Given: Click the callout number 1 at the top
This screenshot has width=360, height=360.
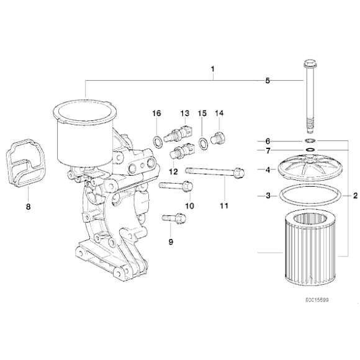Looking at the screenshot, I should [212, 69].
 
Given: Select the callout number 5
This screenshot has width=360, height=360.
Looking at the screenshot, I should [268, 80].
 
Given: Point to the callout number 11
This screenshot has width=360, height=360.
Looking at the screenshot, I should [223, 205].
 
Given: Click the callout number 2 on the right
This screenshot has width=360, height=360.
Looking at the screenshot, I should [354, 196].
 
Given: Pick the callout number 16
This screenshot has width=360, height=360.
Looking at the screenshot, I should [157, 113].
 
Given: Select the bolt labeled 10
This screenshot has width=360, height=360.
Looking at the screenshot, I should [176, 185].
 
